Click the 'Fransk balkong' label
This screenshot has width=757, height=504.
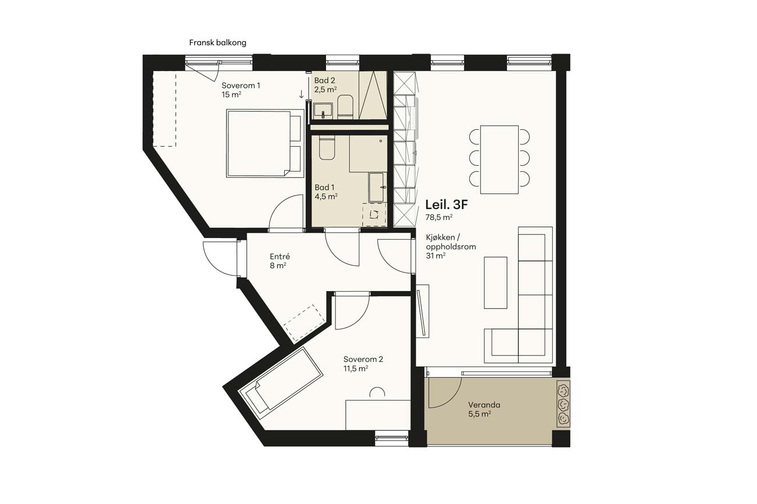coord(218,43)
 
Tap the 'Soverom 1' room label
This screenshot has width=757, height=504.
coord(240,86)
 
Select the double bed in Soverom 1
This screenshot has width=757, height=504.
coord(265,143)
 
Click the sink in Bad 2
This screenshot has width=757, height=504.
coord(323,111)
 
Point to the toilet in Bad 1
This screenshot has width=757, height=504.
coord(327,148)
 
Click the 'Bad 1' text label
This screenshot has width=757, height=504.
coord(324,187)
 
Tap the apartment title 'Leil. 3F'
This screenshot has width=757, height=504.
coord(447,205)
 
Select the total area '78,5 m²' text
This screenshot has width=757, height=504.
coord(439,217)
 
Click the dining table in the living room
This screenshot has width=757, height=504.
coord(500,159)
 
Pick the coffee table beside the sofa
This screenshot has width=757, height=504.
coord(496,283)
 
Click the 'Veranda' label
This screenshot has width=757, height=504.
coord(484,404)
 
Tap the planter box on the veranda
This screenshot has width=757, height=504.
coord(563,404)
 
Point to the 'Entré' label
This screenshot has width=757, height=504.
coord(280,257)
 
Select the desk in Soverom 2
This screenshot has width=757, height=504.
coord(378,415)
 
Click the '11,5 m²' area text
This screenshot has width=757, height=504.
coord(356,368)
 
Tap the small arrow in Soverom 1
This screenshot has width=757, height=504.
coord(302,94)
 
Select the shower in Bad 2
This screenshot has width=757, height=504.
coord(373,95)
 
